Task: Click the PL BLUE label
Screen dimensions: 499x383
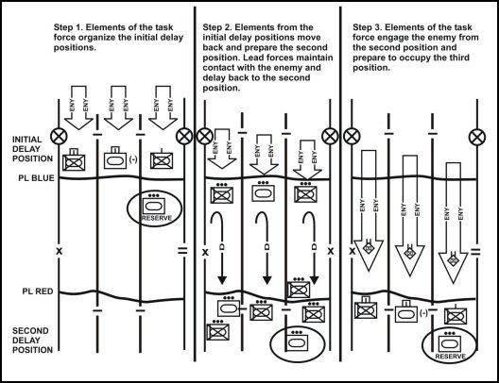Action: [36, 178]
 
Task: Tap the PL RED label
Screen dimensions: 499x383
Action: [38, 291]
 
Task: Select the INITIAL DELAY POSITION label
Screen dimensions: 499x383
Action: [32, 149]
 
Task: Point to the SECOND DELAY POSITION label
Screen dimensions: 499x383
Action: [32, 341]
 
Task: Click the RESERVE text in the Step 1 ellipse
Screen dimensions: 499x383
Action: [157, 218]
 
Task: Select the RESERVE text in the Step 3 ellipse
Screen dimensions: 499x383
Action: [450, 357]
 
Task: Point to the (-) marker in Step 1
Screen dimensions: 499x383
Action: [133, 159]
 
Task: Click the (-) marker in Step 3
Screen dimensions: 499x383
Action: [423, 313]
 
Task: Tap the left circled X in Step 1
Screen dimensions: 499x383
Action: [59, 137]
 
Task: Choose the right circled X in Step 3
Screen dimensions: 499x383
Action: [477, 137]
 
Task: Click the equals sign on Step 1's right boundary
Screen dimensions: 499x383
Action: [182, 251]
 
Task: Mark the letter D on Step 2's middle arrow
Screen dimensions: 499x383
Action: [267, 247]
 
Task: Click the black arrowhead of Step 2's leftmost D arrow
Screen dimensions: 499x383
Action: [222, 280]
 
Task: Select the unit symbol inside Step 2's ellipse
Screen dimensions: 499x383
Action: [298, 341]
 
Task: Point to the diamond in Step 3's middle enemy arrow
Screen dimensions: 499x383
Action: [409, 253]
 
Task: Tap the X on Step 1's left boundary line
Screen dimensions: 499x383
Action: [60, 251]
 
